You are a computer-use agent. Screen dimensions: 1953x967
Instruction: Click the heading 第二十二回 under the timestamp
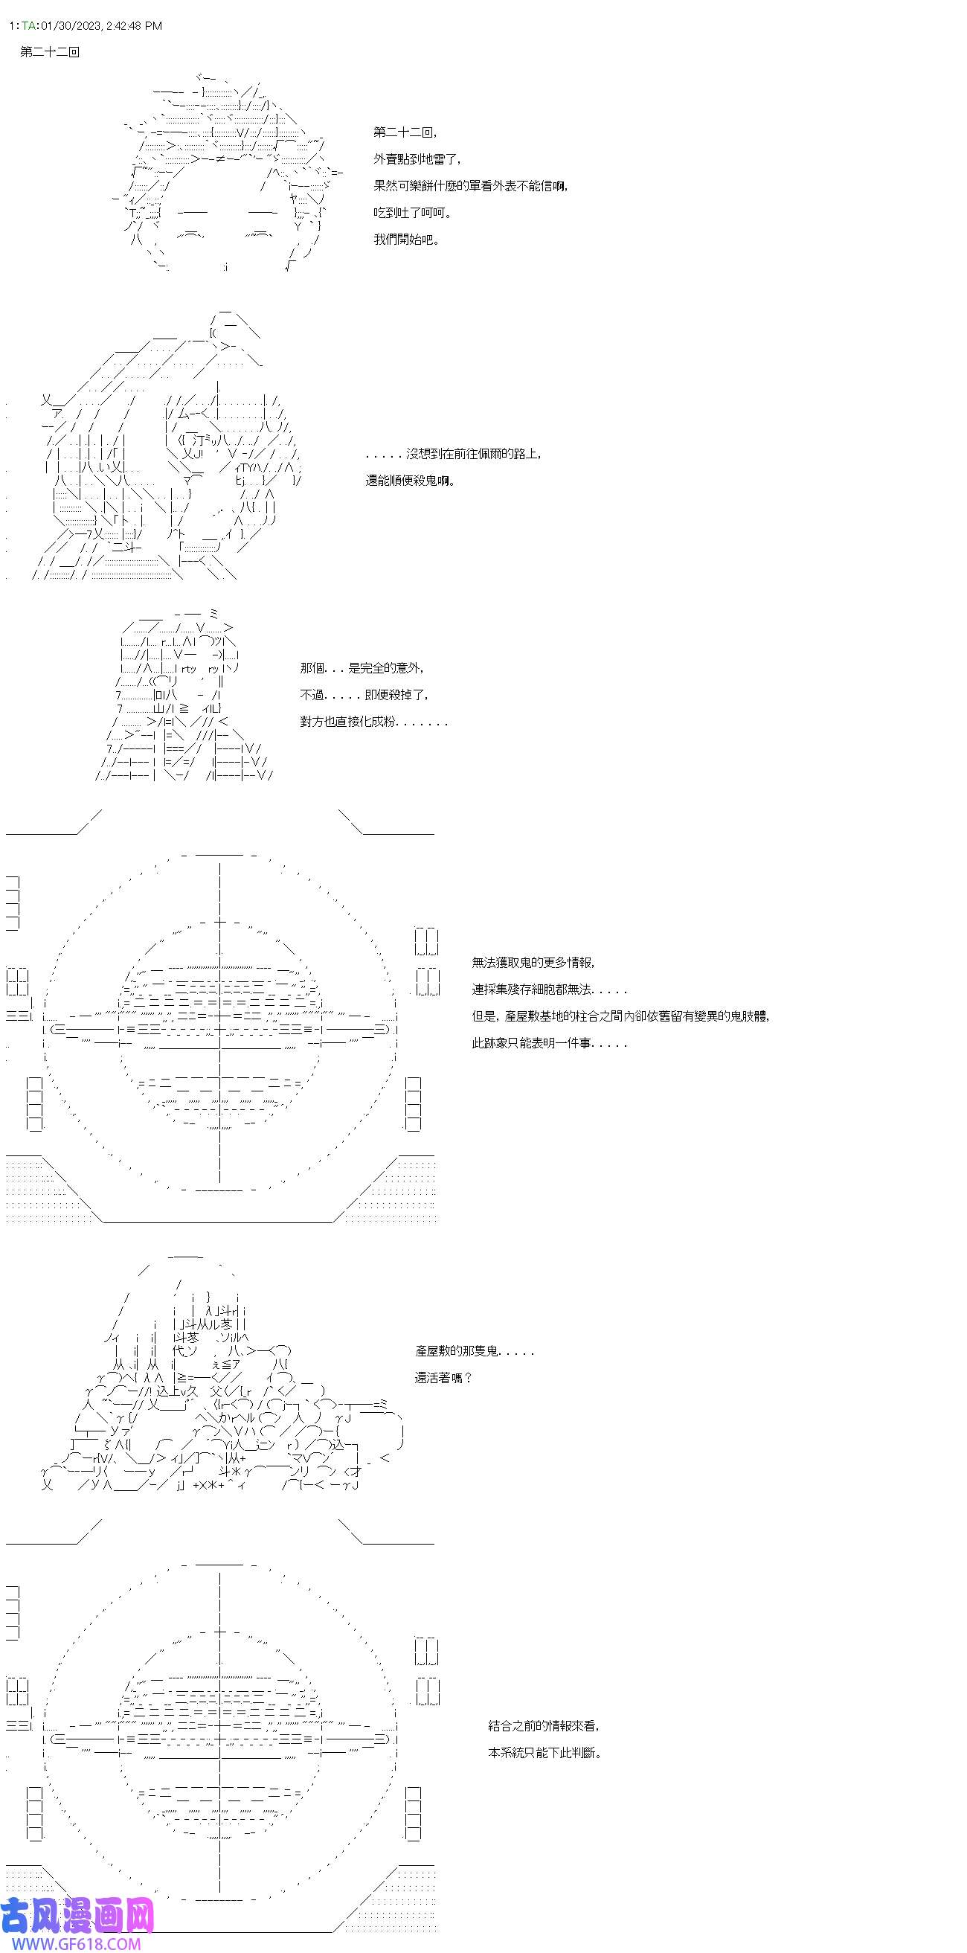pos(50,52)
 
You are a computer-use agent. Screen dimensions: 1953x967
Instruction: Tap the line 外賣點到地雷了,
pos(417,159)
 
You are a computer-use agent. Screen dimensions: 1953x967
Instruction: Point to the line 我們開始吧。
pos(406,240)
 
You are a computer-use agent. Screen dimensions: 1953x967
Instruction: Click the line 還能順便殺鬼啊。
pos(411,481)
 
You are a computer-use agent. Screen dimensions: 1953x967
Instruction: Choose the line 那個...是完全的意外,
pos(362,668)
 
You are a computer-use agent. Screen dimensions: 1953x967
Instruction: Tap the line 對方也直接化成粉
pos(373,722)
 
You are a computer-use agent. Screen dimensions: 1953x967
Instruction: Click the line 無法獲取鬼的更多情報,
pos(533,963)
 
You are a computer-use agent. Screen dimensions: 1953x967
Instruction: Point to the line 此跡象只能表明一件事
pos(550,1043)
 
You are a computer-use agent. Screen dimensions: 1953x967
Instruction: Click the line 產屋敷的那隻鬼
pos(475,1351)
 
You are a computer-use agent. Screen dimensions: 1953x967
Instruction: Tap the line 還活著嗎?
pos(443,1378)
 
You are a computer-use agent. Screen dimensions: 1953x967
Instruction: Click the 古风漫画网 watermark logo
pos(77,1915)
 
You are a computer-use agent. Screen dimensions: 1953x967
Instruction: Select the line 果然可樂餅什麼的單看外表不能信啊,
pos(470,186)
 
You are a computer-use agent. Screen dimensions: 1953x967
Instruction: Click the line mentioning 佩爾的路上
pos(453,454)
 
